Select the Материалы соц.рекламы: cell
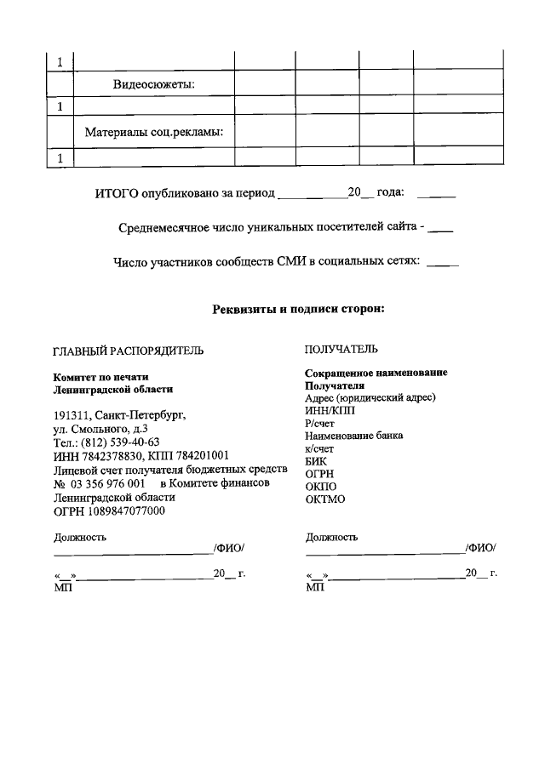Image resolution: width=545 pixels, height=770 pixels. tap(153, 132)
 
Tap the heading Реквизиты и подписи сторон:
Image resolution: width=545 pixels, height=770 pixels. tap(299, 309)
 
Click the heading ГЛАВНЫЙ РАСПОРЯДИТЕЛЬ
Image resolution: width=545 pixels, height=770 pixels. tap(129, 351)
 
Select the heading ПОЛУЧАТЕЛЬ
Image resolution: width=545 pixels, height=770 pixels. tap(341, 349)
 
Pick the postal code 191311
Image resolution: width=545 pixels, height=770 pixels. tap(72, 416)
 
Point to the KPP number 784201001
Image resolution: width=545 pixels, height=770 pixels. tap(198, 456)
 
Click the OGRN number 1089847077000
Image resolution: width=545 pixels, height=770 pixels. tap(125, 510)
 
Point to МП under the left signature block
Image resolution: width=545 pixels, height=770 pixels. tap(61, 587)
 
